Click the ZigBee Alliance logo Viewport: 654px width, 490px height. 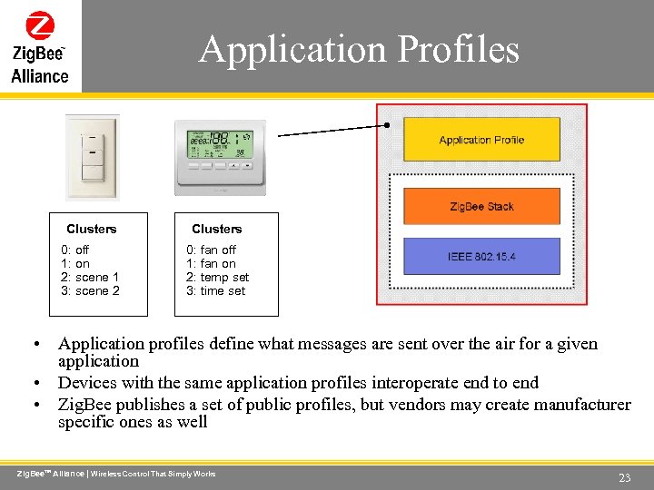coord(40,46)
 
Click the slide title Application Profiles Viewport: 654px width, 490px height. coord(360,48)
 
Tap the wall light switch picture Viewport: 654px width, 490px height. coord(92,156)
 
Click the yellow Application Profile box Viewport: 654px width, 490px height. coord(481,140)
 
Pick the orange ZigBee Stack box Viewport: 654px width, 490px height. coord(481,207)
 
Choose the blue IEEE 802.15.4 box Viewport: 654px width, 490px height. coord(481,257)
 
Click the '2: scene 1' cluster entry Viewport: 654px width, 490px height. coord(90,277)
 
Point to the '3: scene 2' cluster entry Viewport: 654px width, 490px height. coord(90,290)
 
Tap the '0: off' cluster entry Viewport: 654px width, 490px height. coord(75,250)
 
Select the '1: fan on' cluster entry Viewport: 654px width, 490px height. coord(211,263)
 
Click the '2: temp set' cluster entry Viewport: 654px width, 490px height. coord(217,277)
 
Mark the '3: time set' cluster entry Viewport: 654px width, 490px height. coord(216,290)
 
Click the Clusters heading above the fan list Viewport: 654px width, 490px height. coord(216,229)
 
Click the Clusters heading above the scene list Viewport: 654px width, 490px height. coord(92,229)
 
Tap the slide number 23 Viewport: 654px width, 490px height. coord(624,477)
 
